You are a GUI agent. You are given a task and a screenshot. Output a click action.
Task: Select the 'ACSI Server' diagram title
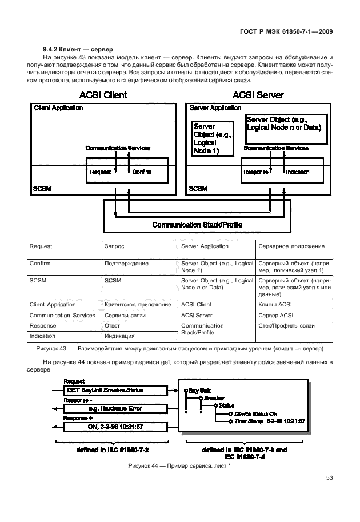(258, 95)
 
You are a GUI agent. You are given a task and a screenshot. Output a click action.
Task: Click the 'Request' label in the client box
(100, 172)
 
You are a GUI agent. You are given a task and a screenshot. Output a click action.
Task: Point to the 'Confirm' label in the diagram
(142, 172)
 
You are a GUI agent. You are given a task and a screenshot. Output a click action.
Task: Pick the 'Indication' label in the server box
(297, 172)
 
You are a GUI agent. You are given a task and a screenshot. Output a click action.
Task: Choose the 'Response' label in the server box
(256, 172)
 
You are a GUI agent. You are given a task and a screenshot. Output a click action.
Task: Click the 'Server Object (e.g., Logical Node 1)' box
(213, 138)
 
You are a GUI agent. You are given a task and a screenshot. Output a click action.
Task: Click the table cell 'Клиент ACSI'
(275, 305)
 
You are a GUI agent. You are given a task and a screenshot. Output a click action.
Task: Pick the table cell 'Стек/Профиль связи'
(287, 326)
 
